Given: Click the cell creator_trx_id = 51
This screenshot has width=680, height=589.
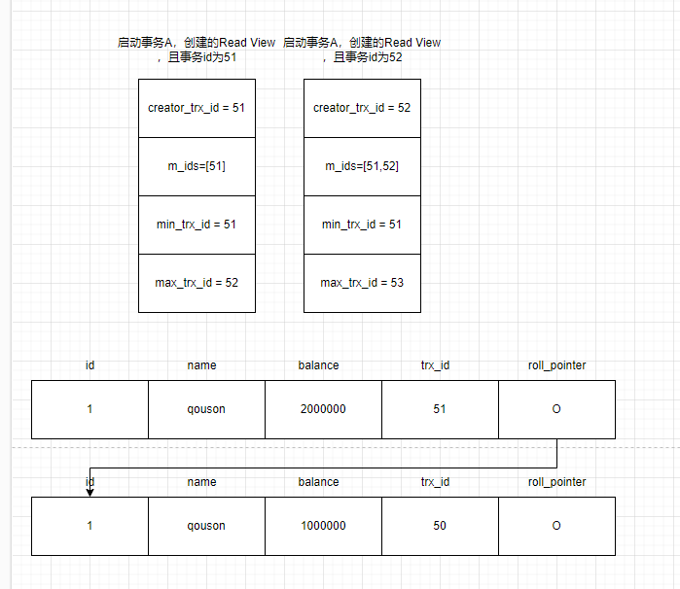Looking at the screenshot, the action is (197, 108).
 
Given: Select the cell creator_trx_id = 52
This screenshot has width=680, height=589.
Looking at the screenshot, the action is (362, 108).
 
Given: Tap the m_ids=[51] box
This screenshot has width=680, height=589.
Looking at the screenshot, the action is (197, 166).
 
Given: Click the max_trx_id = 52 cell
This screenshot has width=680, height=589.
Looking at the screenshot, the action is (197, 283).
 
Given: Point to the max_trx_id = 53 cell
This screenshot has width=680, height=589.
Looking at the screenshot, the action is (362, 283).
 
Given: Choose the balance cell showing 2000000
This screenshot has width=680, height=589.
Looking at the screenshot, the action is (323, 409).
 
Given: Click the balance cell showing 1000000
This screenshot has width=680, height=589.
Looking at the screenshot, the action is (323, 526).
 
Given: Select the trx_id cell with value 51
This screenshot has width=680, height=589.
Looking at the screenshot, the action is (440, 409).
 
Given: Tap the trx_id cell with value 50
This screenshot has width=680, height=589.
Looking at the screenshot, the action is (440, 526).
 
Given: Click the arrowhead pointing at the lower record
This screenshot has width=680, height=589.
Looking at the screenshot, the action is (89, 492).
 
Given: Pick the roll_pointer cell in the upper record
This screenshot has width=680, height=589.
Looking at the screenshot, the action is (556, 409).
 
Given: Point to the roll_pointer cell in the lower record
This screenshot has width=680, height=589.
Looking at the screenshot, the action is (556, 526).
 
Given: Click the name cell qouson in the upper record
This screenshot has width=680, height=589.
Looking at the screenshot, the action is (206, 409).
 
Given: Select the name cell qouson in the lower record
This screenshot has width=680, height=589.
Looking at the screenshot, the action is (206, 526).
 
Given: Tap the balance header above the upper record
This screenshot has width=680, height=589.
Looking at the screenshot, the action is (319, 365).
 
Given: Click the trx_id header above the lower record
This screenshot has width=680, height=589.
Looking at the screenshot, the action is (435, 482).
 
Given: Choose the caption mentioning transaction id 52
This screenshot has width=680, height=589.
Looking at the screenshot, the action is (362, 50).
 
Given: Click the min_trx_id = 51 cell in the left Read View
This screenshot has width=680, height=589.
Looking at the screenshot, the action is (197, 225).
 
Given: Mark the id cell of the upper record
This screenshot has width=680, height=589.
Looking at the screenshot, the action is (89, 409).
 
